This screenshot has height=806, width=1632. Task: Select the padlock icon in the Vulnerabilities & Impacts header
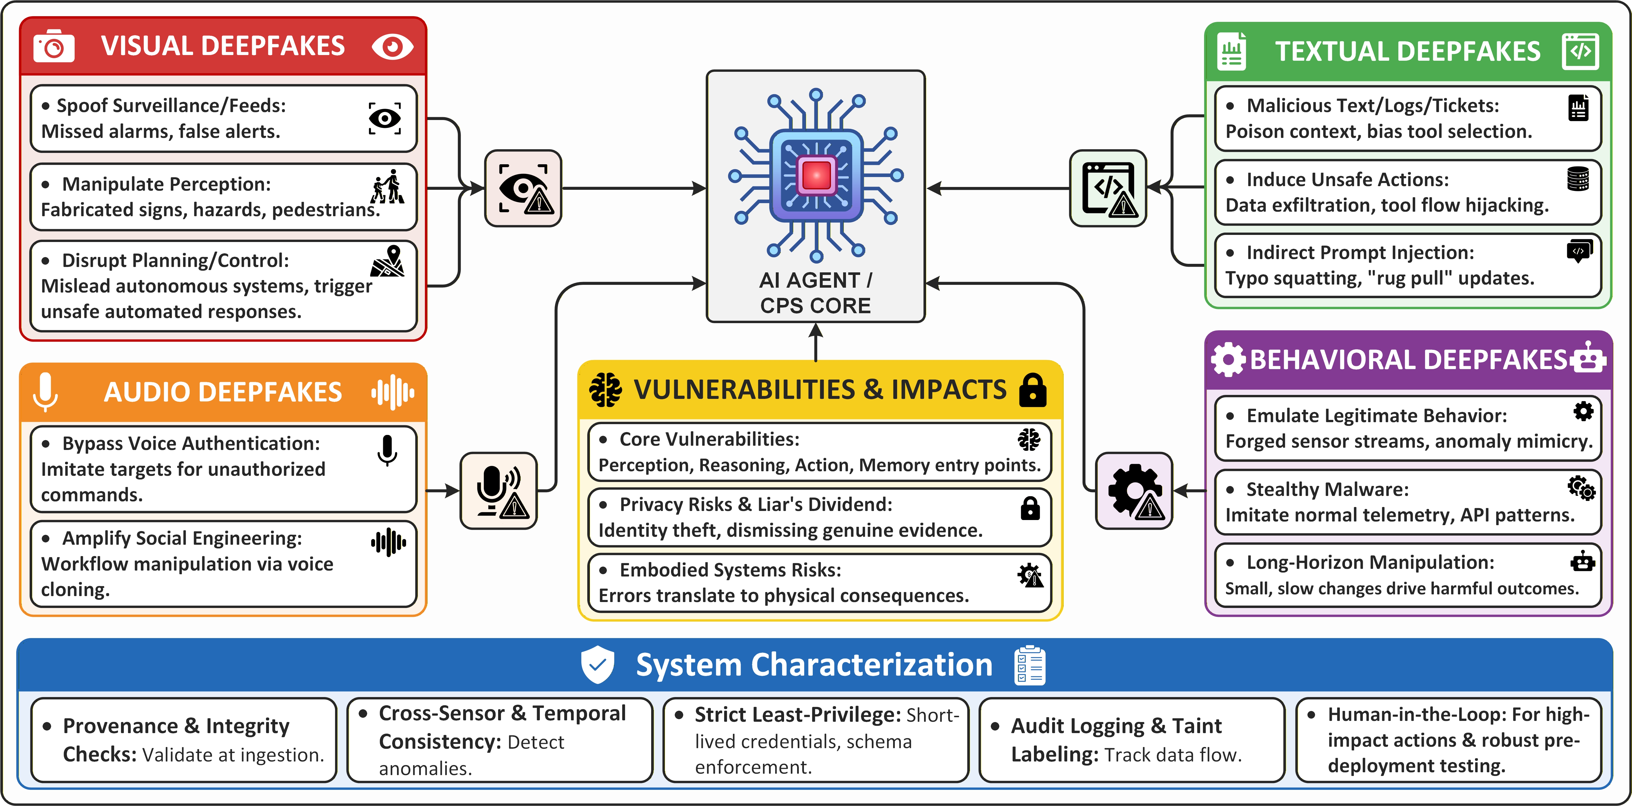[1033, 390]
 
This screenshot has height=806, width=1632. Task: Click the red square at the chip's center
[816, 175]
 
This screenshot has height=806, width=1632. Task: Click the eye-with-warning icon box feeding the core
[523, 188]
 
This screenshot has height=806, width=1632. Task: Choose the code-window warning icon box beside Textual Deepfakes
[1108, 188]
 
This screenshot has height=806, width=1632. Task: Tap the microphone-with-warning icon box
[499, 491]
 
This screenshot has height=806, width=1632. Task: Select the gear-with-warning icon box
[1134, 491]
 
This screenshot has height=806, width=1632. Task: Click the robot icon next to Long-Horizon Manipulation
[1583, 561]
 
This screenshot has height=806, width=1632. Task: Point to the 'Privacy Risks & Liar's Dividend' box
[820, 517]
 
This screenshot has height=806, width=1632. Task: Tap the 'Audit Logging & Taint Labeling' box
[1132, 740]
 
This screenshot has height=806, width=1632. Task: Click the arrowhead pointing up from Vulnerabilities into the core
[816, 331]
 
